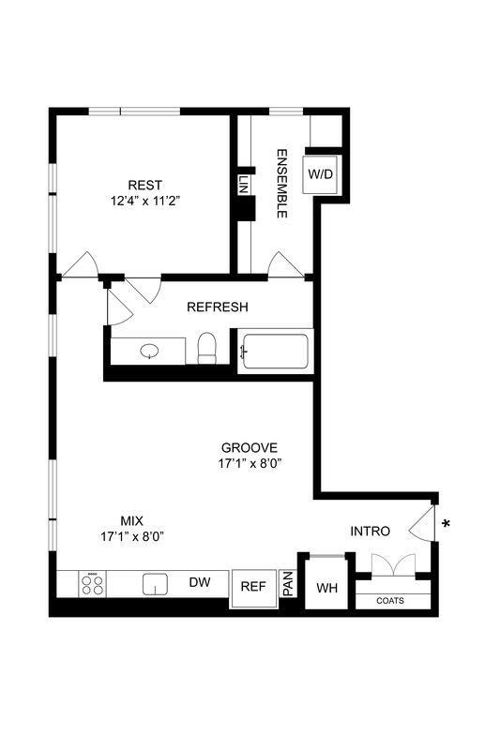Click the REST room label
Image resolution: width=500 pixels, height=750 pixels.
click(x=144, y=184)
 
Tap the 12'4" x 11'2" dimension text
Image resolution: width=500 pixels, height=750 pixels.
click(x=144, y=200)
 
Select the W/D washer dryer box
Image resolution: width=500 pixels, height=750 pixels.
click(x=321, y=174)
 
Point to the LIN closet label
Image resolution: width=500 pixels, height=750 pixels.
click(x=243, y=185)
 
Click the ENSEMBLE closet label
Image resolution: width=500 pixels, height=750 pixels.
click(x=280, y=184)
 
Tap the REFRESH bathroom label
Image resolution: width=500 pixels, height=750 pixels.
click(x=217, y=307)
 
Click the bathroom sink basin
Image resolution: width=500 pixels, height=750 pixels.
click(x=150, y=351)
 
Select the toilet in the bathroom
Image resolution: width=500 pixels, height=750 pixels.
click(x=208, y=349)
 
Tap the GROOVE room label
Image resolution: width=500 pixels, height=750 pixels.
click(x=250, y=447)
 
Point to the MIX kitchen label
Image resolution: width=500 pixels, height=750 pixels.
click(x=132, y=520)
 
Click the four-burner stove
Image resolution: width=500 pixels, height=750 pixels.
click(x=93, y=585)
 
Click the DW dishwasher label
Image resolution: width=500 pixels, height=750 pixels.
click(x=199, y=583)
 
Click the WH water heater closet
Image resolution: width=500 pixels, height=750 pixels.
click(x=326, y=588)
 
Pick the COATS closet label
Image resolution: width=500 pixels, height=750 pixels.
click(x=390, y=601)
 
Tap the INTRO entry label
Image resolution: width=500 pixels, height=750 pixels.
click(x=370, y=532)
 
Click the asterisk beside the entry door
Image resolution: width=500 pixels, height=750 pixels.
click(x=446, y=524)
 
